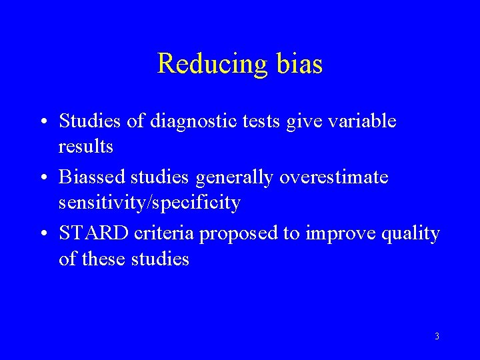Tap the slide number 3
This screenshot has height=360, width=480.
pos(437,337)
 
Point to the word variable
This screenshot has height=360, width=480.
pos(361,121)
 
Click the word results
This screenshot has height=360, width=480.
pos(86,146)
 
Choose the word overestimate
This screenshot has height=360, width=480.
pos(333,177)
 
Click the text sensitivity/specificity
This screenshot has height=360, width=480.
pos(149,202)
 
